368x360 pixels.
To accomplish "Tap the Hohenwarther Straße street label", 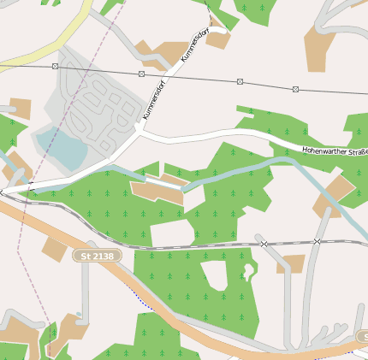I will click(334, 152).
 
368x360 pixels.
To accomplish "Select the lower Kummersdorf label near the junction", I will click(153, 100).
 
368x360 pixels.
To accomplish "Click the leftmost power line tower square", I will click(56, 66).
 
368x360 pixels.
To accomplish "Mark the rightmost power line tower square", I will click(295, 89).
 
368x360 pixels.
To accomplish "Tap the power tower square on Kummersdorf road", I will click(141, 74).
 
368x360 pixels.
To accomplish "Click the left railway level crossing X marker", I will click(264, 244).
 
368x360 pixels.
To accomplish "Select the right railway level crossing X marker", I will click(317, 242).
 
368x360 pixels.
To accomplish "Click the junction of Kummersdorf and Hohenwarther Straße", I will click(138, 131).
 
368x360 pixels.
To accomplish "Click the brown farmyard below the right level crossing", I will click(291, 263).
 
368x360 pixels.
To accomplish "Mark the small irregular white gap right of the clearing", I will click(248, 272).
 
